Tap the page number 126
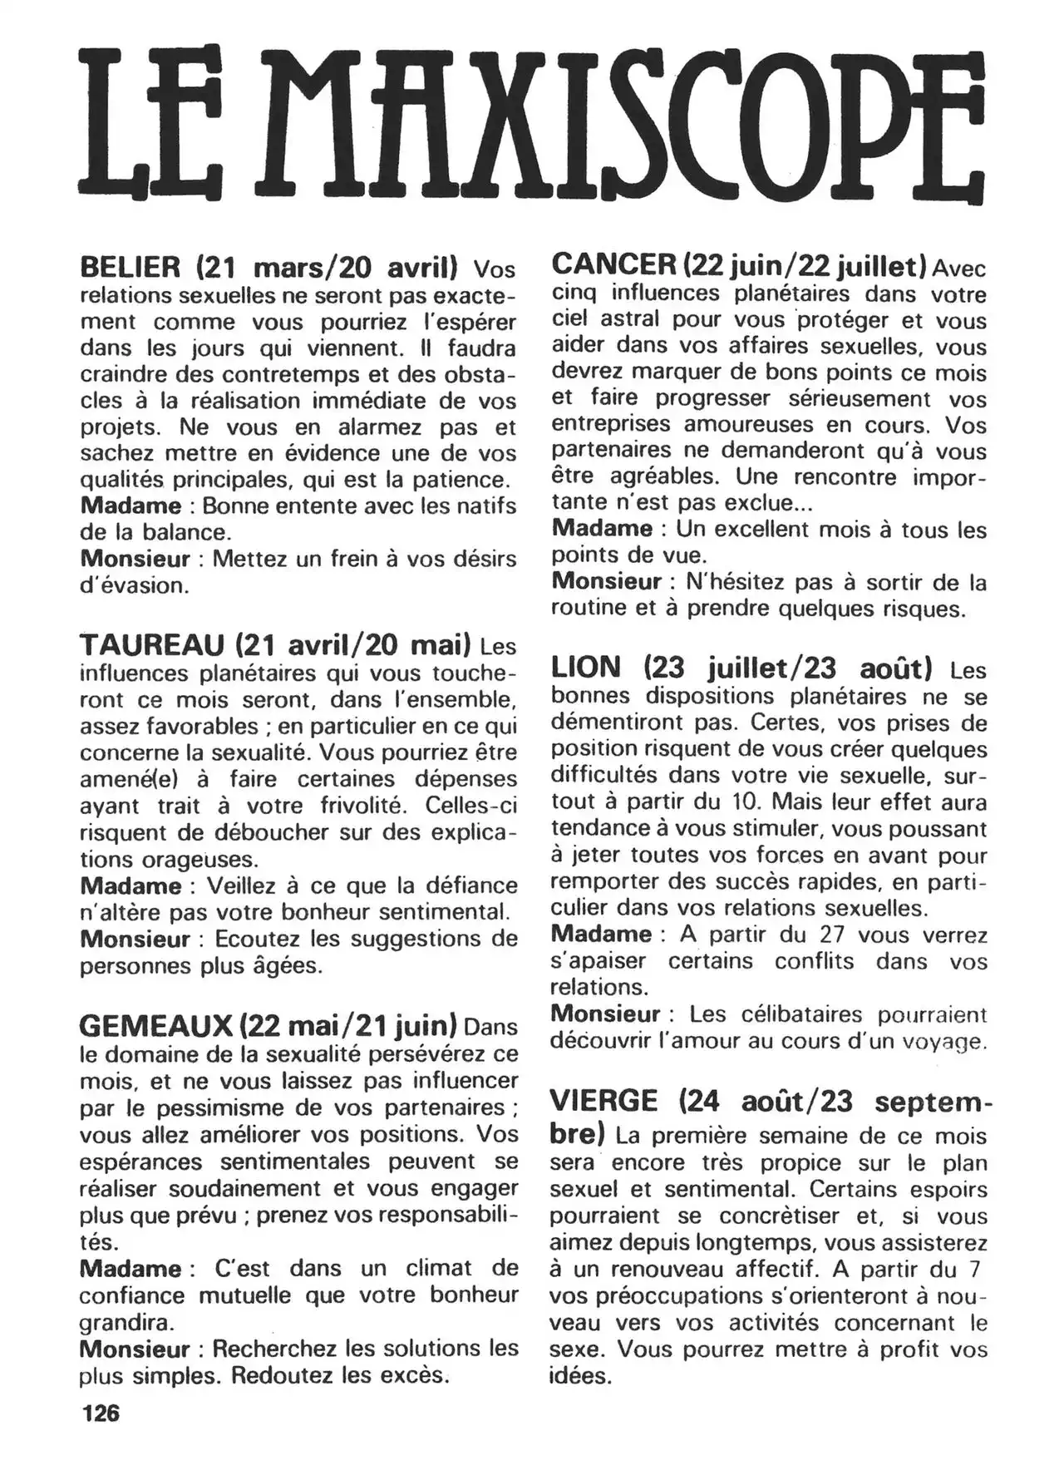pos(100,1413)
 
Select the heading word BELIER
pos(131,268)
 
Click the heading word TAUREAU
pos(152,644)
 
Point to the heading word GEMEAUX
pos(155,1025)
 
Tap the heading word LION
pos(586,667)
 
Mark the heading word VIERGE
pos(604,1101)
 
